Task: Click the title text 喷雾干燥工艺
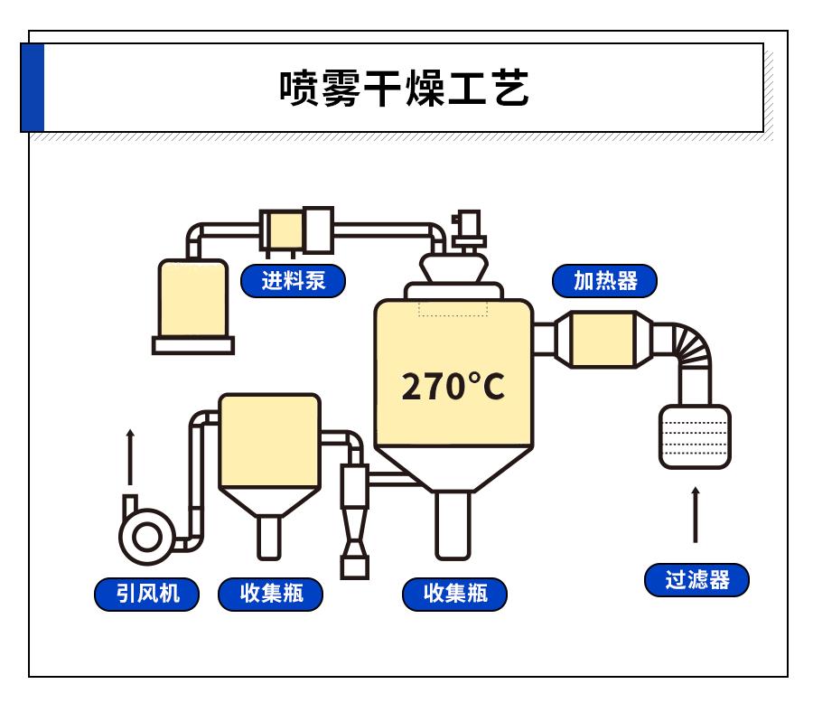[404, 89]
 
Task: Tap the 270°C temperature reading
[453, 387]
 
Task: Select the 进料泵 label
[294, 281]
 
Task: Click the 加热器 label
[605, 281]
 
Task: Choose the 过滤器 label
[696, 580]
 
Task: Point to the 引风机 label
[147, 594]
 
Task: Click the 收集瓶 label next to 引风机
[270, 594]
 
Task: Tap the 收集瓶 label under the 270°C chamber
[455, 594]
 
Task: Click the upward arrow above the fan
[130, 457]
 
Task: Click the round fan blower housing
[145, 536]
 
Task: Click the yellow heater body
[603, 340]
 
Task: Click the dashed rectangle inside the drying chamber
[453, 308]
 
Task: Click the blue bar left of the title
[33, 89]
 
